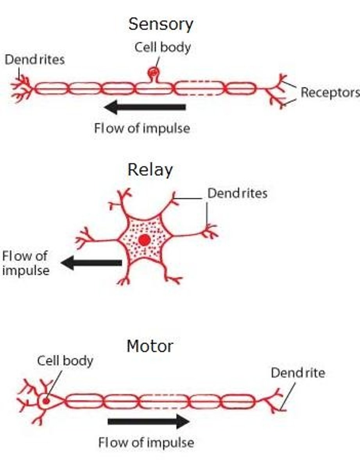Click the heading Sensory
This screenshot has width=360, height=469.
[161, 25]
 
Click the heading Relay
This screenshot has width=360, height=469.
[150, 170]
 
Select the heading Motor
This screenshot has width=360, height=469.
[150, 345]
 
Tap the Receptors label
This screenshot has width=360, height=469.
[330, 93]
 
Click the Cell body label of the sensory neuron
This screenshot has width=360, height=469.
[163, 47]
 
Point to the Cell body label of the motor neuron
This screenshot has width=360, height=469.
[65, 360]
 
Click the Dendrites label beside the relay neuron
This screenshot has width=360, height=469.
[237, 193]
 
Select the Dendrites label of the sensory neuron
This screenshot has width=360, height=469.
[34, 60]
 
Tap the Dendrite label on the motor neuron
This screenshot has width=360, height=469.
[298, 373]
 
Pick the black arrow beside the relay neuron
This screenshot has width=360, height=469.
[91, 263]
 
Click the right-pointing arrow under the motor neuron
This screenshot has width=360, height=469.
[149, 421]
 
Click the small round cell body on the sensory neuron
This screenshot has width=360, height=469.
[153, 72]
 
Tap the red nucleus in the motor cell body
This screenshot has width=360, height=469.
[46, 401]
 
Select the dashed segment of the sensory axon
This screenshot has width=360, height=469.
[199, 88]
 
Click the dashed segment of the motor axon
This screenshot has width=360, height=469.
[164, 401]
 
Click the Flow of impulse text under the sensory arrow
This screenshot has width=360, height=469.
[142, 128]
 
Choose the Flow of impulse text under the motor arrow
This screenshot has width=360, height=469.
[146, 443]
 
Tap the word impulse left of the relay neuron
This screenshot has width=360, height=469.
[25, 270]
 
